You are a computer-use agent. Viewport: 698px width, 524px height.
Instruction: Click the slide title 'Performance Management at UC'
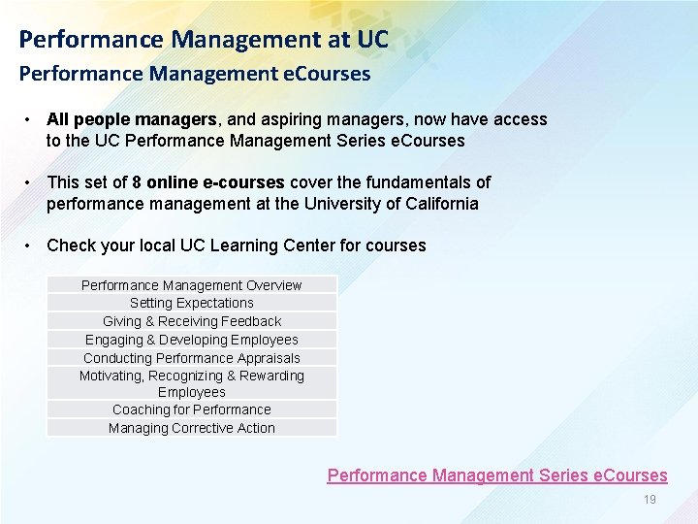click(204, 40)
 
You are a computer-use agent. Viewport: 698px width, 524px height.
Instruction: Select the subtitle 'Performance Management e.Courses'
click(195, 74)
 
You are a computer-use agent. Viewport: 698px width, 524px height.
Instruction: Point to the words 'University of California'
click(390, 204)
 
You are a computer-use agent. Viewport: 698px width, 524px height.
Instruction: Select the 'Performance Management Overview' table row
click(191, 285)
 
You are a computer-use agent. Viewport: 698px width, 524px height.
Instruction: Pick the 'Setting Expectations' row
click(191, 303)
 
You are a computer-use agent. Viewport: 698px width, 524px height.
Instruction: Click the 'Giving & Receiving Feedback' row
click(191, 321)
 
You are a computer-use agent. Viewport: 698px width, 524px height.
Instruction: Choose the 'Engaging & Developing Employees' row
click(191, 340)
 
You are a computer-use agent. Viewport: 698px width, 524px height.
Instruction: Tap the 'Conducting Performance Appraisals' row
click(191, 358)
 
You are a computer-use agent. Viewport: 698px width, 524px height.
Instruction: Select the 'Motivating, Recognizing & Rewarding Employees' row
click(191, 383)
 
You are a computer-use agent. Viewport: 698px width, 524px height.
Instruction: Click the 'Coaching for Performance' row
click(191, 409)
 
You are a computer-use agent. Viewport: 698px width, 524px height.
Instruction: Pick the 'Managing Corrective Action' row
click(191, 428)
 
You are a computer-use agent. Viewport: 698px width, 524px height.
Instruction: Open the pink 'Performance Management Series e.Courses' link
click(497, 475)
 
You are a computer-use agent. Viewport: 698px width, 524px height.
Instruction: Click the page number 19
click(650, 500)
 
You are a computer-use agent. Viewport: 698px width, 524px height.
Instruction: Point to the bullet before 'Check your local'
click(31, 245)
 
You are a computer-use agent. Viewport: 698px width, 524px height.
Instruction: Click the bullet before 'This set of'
click(31, 181)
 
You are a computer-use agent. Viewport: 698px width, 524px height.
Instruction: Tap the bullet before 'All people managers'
click(31, 119)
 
